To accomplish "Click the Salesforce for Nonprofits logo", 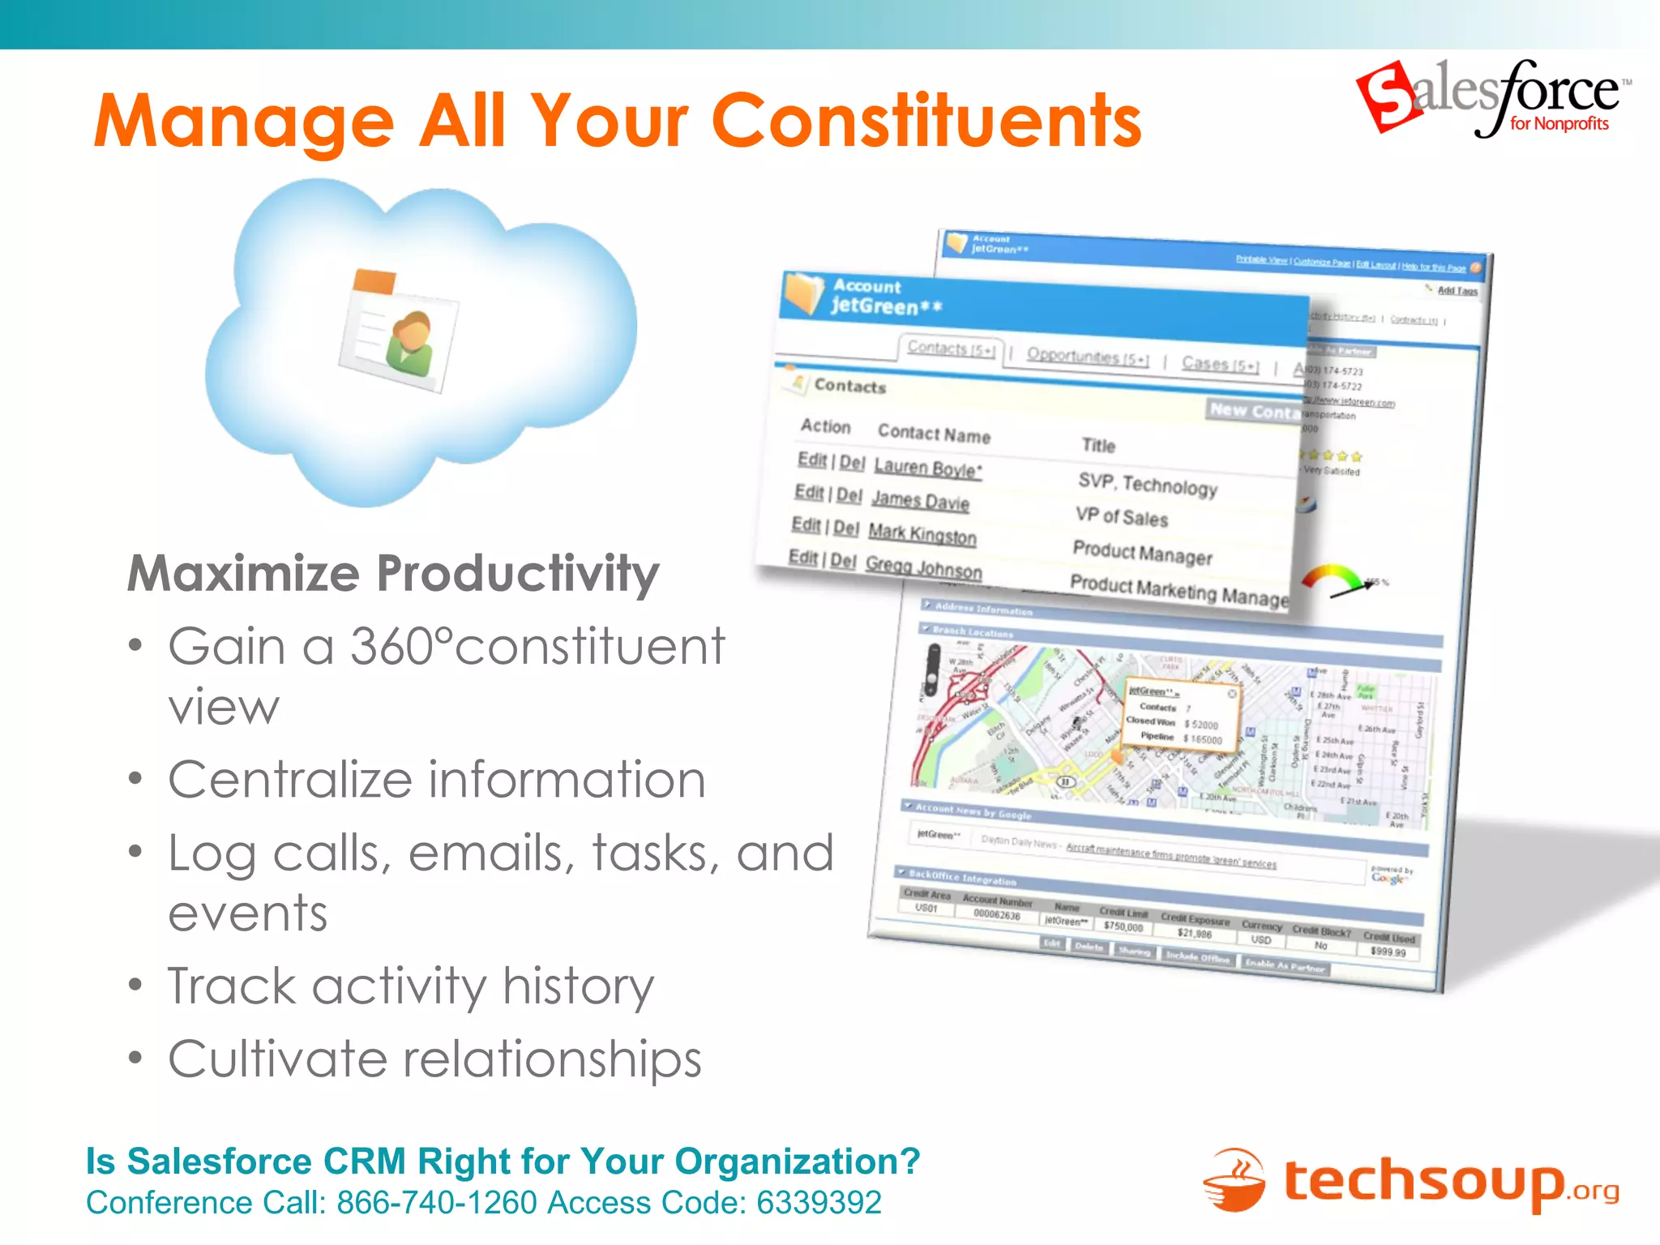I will pyautogui.click(x=1492, y=99).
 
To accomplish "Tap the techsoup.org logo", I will pyautogui.click(x=1410, y=1181).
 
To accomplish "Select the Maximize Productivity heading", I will pyautogui.click(x=393, y=574).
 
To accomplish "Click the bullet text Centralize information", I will pyautogui.click(x=436, y=780).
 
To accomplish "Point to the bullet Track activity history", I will pyautogui.click(x=410, y=986).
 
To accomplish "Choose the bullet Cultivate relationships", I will pyautogui.click(x=434, y=1059).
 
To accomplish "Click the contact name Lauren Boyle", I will pyautogui.click(x=927, y=468).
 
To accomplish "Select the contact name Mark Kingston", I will pyautogui.click(x=922, y=534).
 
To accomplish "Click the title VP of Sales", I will pyautogui.click(x=1122, y=516).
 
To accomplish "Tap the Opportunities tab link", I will pyautogui.click(x=1087, y=357).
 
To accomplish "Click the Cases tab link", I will pyautogui.click(x=1220, y=365).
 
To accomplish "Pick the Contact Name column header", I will pyautogui.click(x=934, y=434).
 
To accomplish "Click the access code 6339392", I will pyautogui.click(x=819, y=1203).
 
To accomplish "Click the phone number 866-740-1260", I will pyautogui.click(x=437, y=1203).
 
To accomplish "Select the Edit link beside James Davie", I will pyautogui.click(x=808, y=492).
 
